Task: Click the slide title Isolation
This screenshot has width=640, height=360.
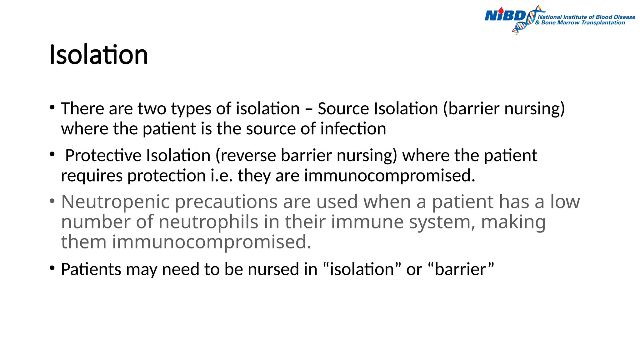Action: (98, 55)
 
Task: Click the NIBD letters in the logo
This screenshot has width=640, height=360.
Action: (505, 16)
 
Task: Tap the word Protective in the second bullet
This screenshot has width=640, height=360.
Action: (103, 156)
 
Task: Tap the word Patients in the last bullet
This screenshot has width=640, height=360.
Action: (91, 269)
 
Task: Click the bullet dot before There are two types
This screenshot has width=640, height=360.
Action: (52, 107)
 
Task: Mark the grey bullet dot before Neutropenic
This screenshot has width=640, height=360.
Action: (52, 201)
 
